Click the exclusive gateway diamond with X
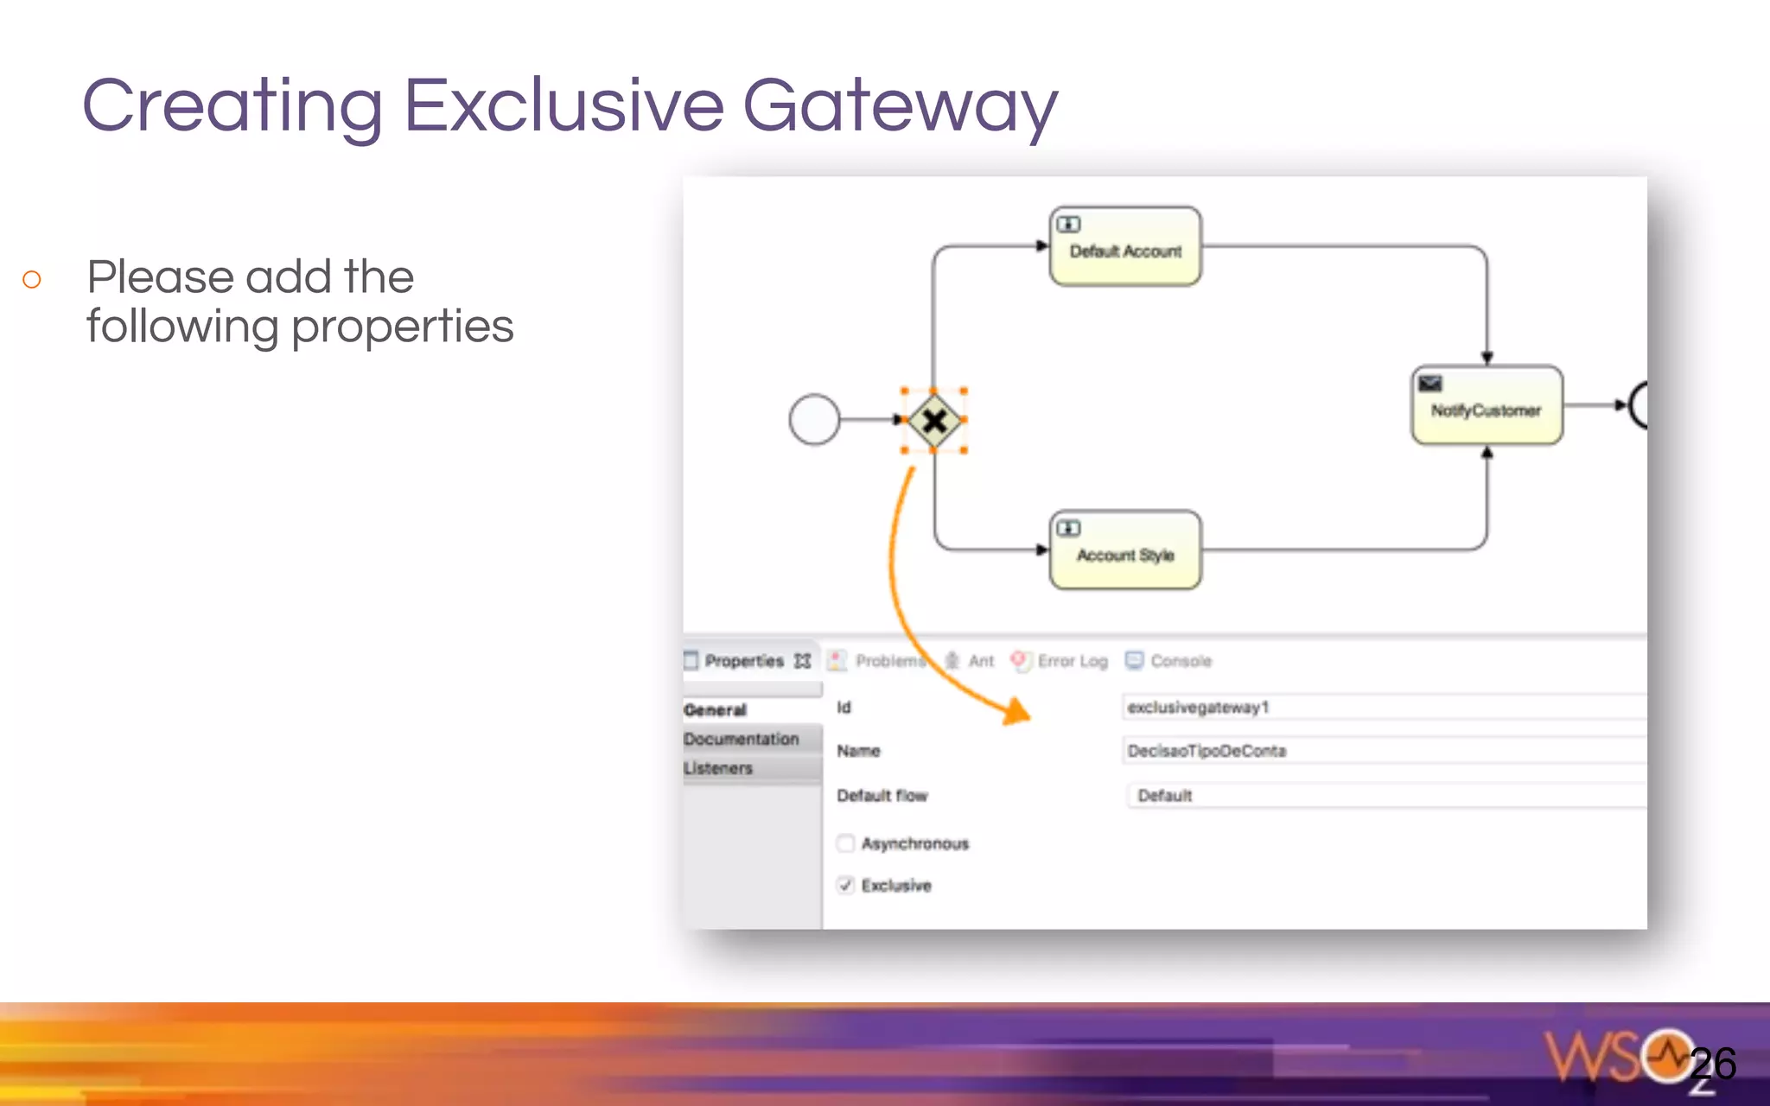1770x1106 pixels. (933, 421)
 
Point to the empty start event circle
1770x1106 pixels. (814, 420)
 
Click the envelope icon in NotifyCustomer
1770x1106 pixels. (1430, 383)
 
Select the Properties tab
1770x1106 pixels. (744, 661)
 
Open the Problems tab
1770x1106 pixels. (888, 661)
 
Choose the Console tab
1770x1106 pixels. (1180, 661)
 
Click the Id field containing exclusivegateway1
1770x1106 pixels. (1383, 707)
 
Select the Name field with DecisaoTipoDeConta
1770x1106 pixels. (1383, 751)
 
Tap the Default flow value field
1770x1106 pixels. (1383, 795)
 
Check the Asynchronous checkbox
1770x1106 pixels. (845, 843)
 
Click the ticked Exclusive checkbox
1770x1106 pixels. (845, 886)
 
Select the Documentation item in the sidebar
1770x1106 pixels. (742, 739)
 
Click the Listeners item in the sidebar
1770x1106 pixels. (718, 768)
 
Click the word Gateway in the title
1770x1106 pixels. (900, 105)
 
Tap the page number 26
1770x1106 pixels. (1713, 1064)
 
